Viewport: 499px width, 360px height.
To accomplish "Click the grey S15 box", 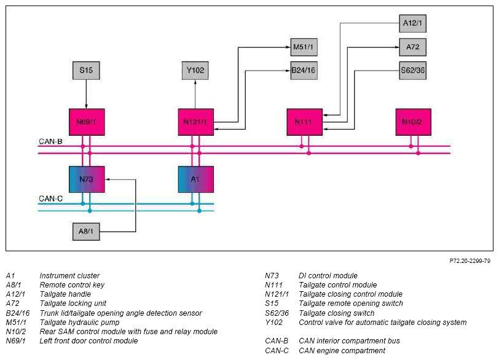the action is [86, 70].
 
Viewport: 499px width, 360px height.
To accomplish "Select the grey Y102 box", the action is [195, 70].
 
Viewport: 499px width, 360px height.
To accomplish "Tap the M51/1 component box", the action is [304, 47].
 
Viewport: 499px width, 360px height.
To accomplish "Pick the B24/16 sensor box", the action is [304, 70].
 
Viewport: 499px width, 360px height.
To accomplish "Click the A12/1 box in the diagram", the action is [412, 23].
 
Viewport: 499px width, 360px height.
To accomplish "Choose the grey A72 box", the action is [412, 47].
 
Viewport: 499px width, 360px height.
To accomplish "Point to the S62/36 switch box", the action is [412, 70].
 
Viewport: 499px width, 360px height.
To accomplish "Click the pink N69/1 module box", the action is [87, 122].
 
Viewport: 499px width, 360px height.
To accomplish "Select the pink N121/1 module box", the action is [195, 122].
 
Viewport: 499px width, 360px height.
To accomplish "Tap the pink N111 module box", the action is [305, 122].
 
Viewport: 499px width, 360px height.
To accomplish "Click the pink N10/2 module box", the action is [414, 122].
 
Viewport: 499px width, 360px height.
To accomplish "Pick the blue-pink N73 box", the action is [87, 179].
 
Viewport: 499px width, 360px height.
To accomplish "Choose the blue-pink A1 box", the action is [195, 179].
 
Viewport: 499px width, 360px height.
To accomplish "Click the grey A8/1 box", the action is [86, 231].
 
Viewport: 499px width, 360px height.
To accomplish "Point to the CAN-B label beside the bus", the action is [50, 141].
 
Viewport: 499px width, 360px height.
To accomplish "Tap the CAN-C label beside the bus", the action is [50, 199].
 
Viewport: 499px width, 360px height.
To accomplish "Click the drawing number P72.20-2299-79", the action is [470, 261].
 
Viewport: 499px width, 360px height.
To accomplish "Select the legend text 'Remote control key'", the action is [72, 285].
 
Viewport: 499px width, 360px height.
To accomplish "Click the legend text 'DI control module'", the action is [328, 276].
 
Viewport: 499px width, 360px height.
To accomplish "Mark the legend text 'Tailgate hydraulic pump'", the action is [79, 323].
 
